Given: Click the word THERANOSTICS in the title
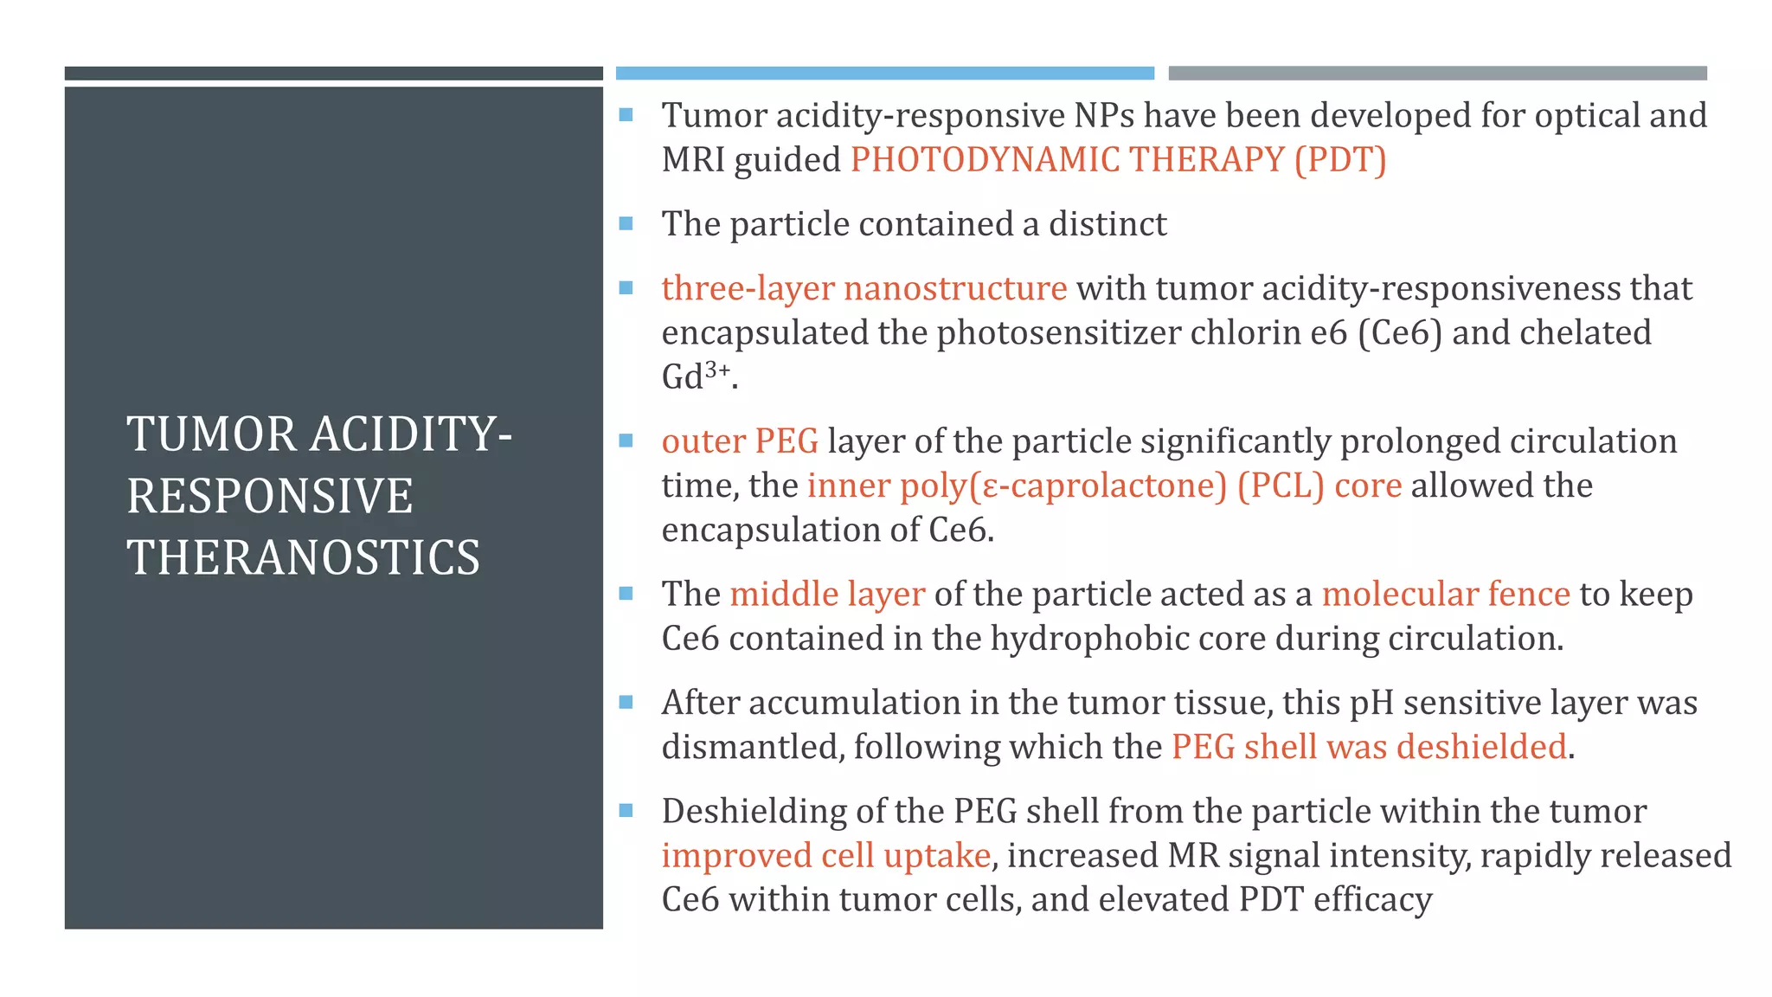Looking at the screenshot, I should tap(303, 557).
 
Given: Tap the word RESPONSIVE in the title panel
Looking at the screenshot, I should tap(270, 496).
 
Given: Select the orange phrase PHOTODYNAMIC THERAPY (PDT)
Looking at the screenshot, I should tap(1118, 160).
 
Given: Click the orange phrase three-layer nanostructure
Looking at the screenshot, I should tap(864, 288).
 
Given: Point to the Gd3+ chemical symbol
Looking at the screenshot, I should tap(697, 376).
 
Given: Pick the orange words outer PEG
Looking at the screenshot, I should tap(740, 441).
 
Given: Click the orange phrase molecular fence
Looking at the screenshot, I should tap(1445, 595).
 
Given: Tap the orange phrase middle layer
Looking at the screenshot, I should tap(827, 595).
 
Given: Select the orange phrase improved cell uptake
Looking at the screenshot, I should tap(825, 856).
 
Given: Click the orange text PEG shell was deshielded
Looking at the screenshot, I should tap(1369, 747).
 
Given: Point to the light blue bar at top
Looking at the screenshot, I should tap(884, 74).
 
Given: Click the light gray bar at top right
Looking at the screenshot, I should tap(1437, 74).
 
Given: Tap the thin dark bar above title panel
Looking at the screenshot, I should tap(333, 74).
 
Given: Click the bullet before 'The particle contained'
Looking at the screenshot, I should tap(626, 224).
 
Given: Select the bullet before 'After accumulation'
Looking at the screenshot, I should tap(626, 703).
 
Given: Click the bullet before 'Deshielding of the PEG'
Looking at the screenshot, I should tap(626, 812).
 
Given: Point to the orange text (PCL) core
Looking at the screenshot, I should tap(1319, 486).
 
